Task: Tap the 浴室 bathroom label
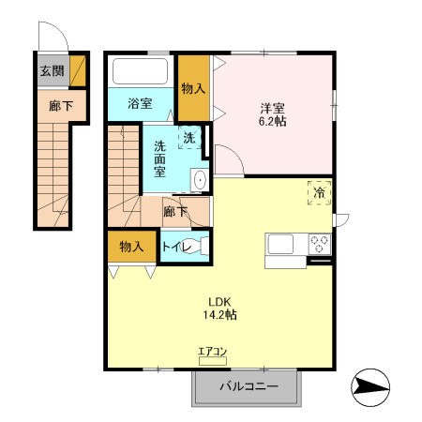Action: pos(140,104)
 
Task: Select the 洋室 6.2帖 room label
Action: pos(273,113)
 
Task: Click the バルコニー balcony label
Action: pos(249,386)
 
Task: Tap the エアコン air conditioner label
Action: pos(213,352)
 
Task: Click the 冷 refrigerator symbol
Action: pos(319,192)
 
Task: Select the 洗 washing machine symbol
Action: pos(189,138)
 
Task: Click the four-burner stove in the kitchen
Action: pos(319,244)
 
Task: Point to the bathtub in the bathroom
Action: pos(139,72)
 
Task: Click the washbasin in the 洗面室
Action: pos(198,179)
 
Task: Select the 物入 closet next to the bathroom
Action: pos(193,89)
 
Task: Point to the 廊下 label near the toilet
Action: pos(175,211)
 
